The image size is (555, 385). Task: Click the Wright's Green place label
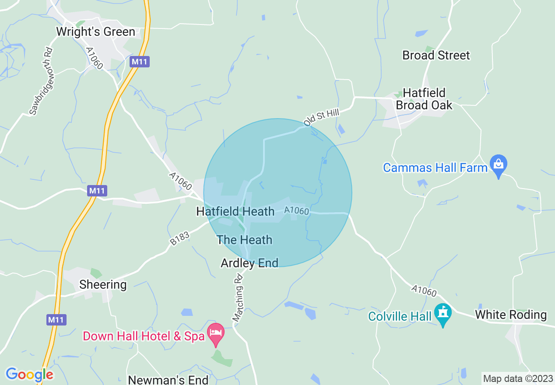pyautogui.click(x=95, y=32)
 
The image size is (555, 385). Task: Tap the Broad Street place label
pyautogui.click(x=436, y=56)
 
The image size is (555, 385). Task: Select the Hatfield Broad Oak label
pyautogui.click(x=424, y=99)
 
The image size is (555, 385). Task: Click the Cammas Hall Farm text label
pyautogui.click(x=435, y=168)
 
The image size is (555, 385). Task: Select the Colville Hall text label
pyautogui.click(x=400, y=316)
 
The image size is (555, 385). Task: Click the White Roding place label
pyautogui.click(x=510, y=315)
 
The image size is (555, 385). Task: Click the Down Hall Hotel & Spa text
pyautogui.click(x=144, y=336)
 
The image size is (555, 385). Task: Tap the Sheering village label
pyautogui.click(x=103, y=285)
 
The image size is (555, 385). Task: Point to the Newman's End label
pyautogui.click(x=168, y=379)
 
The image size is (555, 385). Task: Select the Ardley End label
pyautogui.click(x=249, y=263)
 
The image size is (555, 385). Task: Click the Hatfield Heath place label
pyautogui.click(x=235, y=212)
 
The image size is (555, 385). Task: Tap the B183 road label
pyautogui.click(x=180, y=239)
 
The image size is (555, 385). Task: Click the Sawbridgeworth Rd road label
pyautogui.click(x=41, y=81)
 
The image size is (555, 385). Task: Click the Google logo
pyautogui.click(x=29, y=374)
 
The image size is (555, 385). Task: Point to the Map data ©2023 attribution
pyautogui.click(x=517, y=379)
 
